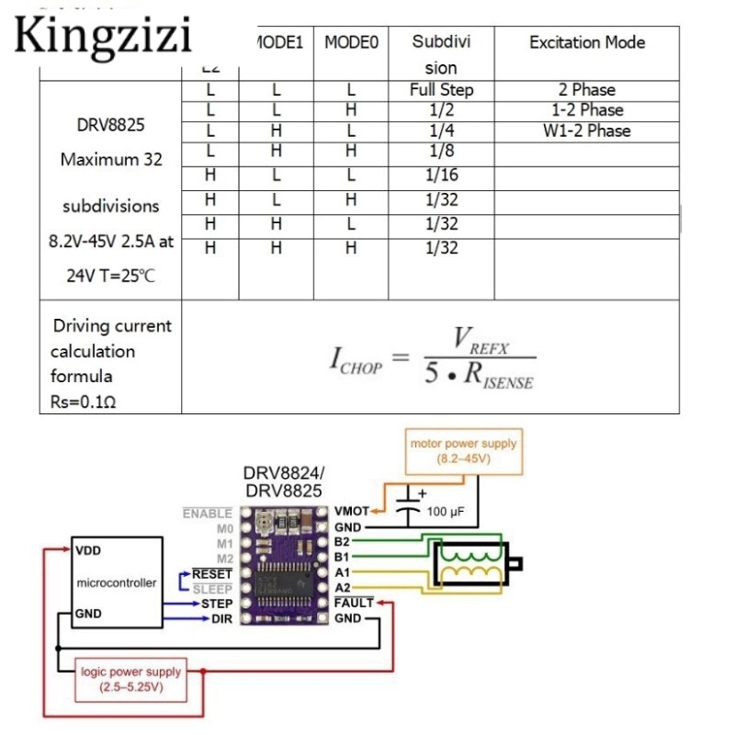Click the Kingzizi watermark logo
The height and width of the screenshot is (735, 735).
[x=104, y=36]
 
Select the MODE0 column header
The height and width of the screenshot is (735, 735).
[x=350, y=42]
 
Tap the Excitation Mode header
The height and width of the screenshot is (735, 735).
[x=587, y=42]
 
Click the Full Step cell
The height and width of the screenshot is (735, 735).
[x=441, y=90]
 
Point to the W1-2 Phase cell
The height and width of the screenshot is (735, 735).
[x=587, y=130]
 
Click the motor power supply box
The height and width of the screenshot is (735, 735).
[x=463, y=449]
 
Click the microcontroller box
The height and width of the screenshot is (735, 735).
[x=116, y=582]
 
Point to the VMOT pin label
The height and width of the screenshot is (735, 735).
[x=352, y=511]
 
